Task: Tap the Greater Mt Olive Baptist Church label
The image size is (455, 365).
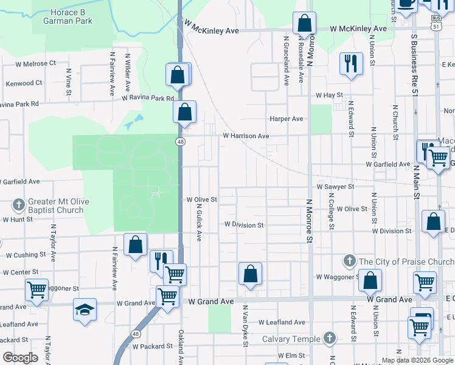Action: tap(58, 206)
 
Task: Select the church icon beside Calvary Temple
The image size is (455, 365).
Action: tap(329, 337)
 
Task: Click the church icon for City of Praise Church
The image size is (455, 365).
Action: tap(349, 261)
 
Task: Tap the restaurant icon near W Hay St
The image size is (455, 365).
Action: tap(350, 63)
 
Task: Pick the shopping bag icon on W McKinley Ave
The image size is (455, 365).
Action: tap(304, 24)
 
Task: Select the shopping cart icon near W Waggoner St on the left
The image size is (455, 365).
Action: tap(37, 290)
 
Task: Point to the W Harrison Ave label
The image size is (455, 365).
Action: tap(246, 136)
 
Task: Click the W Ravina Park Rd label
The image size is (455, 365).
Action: tap(148, 97)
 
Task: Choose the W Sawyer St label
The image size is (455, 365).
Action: tap(335, 187)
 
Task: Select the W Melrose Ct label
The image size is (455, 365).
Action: tap(35, 63)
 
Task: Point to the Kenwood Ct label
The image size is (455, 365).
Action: tap(24, 83)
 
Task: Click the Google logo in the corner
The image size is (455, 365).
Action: tap(20, 358)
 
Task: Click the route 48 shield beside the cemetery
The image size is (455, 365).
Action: tap(181, 142)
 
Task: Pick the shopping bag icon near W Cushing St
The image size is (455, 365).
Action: tap(135, 244)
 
